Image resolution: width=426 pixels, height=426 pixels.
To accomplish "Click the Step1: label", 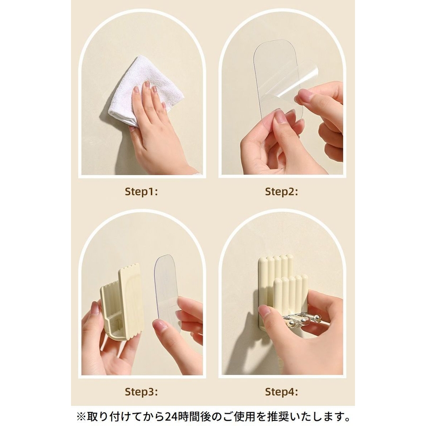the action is (141, 192).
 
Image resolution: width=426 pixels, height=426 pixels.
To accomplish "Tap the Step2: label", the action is (282, 192).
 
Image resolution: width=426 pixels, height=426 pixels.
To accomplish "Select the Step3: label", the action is (141, 392).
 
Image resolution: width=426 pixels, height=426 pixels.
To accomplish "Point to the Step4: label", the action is (282, 392).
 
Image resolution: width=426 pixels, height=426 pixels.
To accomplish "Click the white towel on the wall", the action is (141, 89).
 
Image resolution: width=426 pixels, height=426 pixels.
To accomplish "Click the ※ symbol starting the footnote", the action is (81, 416).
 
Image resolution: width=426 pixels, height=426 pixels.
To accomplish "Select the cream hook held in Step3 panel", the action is (122, 302).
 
